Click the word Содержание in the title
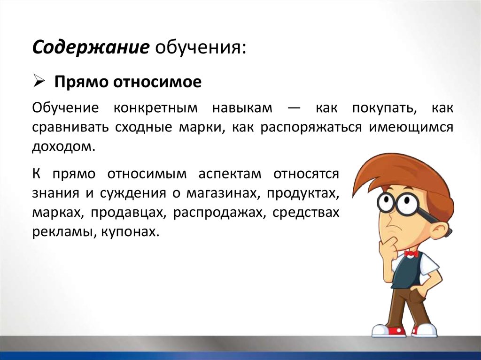click(x=91, y=47)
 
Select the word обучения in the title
click(x=201, y=48)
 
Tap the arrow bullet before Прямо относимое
click(x=39, y=82)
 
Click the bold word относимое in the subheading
click(x=157, y=82)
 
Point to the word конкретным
click(x=155, y=108)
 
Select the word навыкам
click(x=242, y=108)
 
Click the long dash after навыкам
click(x=295, y=108)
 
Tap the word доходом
click(x=62, y=147)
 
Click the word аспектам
click(x=230, y=174)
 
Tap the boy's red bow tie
click(x=411, y=253)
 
